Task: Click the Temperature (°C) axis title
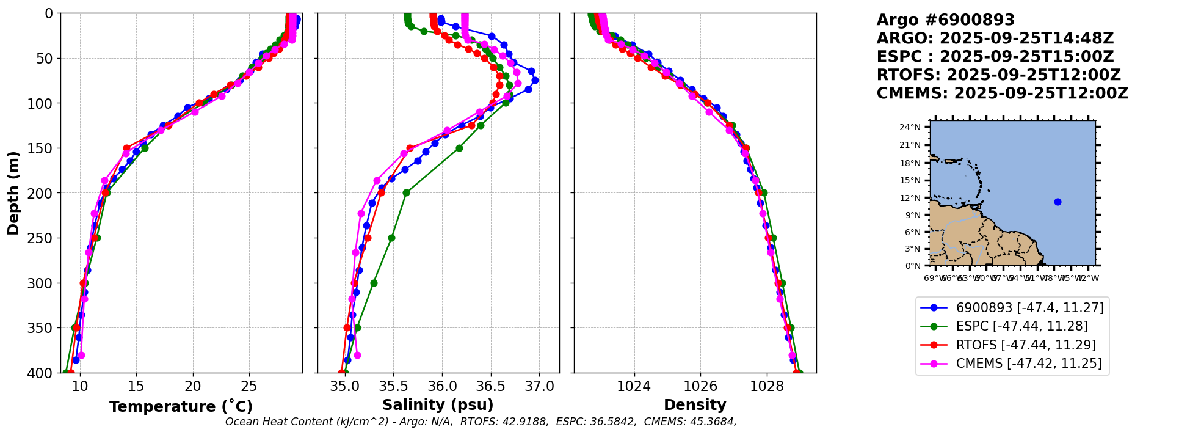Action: (x=181, y=407)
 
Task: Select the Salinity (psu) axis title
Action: (x=438, y=405)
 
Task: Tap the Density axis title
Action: (x=695, y=405)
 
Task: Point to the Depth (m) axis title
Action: (x=13, y=193)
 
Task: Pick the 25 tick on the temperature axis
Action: (x=249, y=386)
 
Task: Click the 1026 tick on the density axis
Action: (x=700, y=386)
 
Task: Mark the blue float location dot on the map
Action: (x=1058, y=202)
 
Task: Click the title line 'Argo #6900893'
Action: (x=945, y=20)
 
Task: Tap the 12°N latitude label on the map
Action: (x=913, y=198)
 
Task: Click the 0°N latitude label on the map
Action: (x=913, y=266)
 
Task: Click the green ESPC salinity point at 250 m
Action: (x=391, y=238)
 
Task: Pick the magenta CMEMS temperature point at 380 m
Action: (x=81, y=355)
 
